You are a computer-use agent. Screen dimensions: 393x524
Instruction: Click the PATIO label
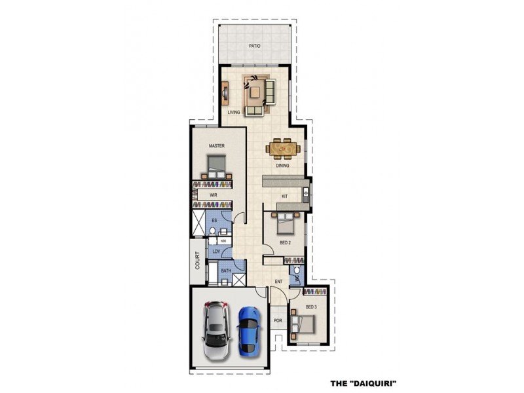point(255,47)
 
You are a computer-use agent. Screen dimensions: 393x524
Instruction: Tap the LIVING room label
point(234,113)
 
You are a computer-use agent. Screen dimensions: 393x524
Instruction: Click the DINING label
point(282,166)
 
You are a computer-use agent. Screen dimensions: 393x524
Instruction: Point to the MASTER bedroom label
point(217,145)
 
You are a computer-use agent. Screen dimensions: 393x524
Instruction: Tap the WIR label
point(214,195)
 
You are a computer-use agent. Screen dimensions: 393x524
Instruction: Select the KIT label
point(285,196)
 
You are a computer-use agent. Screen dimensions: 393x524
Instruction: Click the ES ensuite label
point(214,221)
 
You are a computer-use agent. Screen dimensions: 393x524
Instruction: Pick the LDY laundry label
point(216,251)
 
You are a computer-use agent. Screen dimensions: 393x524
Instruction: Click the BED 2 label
point(285,242)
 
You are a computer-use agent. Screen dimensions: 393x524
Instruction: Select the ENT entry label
point(278,282)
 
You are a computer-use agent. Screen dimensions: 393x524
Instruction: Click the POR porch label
point(278,322)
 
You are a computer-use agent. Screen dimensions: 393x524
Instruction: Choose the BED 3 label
point(311,307)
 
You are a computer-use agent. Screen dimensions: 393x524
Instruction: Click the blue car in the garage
point(248,331)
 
